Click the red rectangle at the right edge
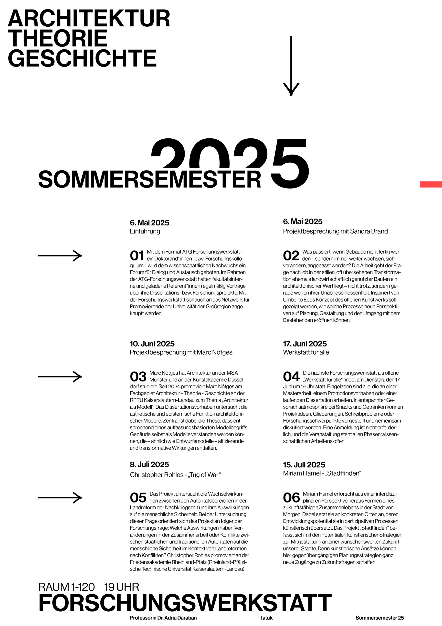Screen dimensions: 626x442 click(x=431, y=184)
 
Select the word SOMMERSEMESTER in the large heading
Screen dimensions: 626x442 click(x=149, y=179)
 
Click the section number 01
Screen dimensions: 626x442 click(x=137, y=256)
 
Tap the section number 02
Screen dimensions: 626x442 click(x=291, y=256)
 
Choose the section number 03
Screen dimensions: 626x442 click(x=138, y=377)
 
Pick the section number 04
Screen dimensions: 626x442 click(x=291, y=377)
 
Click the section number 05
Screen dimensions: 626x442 click(x=138, y=498)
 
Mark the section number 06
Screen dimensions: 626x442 click(x=291, y=498)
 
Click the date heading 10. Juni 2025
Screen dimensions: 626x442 click(x=152, y=344)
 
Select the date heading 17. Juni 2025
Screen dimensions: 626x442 click(x=305, y=344)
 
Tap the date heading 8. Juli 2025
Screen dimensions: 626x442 click(x=149, y=465)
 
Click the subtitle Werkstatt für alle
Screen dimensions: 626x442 click(x=306, y=352)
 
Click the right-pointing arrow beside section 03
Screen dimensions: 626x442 click(x=60, y=377)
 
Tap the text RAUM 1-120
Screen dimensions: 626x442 click(x=66, y=587)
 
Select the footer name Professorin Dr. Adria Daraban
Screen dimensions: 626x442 click(x=163, y=618)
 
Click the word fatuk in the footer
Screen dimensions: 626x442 click(x=267, y=618)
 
